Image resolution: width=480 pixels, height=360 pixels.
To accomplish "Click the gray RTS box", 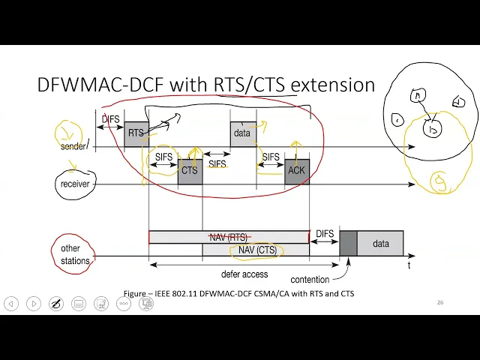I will pos(136,133).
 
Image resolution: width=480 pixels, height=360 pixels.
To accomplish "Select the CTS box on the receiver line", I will pos(190,171).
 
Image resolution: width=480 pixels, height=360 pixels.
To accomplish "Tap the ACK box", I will pos(296,171).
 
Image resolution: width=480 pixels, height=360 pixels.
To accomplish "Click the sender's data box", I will pos(242,133).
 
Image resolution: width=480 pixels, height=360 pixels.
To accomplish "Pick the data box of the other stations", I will pos(380,244).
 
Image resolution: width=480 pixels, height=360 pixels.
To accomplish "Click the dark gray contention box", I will pos(348,244).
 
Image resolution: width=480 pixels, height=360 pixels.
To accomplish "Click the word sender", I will pos(73,146).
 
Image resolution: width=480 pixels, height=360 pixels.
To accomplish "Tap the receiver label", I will pos(75,184).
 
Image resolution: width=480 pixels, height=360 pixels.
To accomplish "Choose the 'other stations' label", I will pos(76,255).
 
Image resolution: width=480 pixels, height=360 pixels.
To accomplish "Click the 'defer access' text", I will pos(244,274).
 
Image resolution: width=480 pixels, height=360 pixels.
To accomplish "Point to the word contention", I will pos(310,280).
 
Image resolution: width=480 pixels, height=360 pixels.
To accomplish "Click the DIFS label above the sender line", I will pos(111,119).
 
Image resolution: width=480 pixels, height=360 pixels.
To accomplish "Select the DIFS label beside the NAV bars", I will pos(325,235).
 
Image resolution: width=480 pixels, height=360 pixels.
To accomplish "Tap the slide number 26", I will pos(440,302).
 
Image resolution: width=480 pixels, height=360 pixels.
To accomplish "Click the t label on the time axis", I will pos(409,265).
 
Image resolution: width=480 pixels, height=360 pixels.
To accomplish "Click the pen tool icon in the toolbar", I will pos(55,304).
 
